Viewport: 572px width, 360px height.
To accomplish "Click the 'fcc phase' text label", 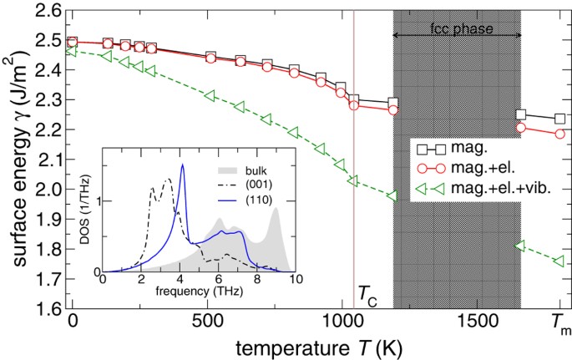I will click(x=457, y=28).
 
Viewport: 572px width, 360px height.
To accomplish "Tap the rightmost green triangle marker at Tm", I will click(x=559, y=262).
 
